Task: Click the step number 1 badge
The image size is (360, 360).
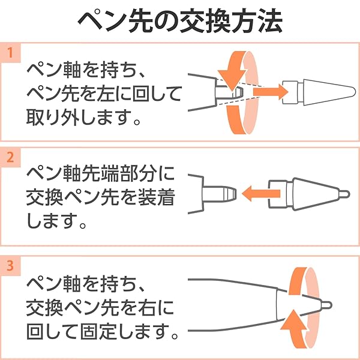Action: click(10, 53)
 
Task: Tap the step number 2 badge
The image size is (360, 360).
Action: click(10, 158)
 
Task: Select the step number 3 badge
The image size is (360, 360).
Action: click(10, 266)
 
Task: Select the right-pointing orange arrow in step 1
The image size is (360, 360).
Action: click(271, 92)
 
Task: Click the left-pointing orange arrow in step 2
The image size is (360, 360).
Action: click(261, 193)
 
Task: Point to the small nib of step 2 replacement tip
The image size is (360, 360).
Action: click(345, 194)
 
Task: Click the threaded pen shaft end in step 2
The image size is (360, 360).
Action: click(219, 194)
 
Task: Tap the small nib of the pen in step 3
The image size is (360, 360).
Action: click(326, 305)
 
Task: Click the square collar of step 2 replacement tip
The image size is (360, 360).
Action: click(278, 194)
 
